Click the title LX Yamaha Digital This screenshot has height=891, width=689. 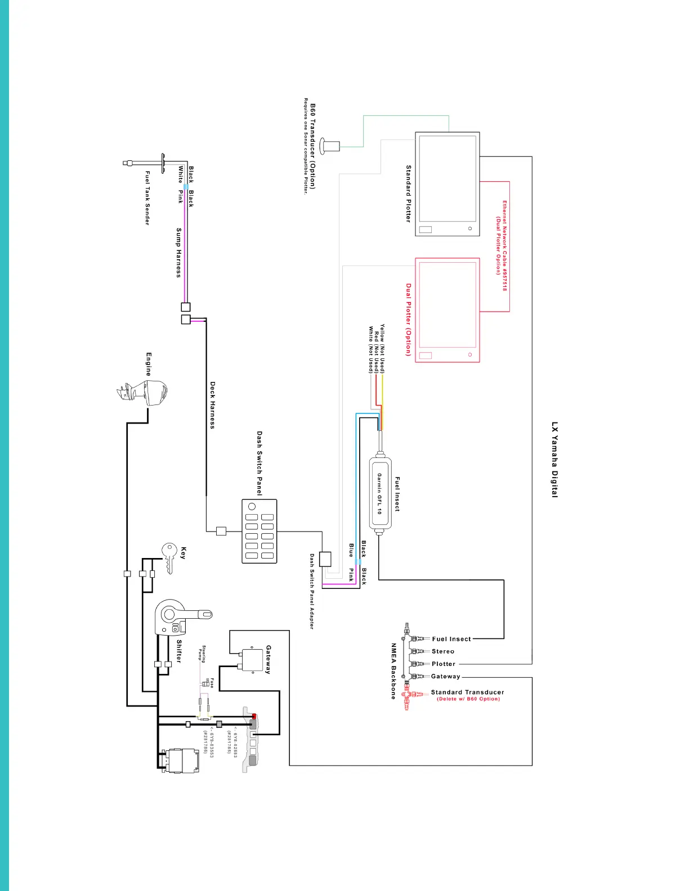click(x=555, y=460)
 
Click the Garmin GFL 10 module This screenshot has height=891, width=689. click(x=380, y=493)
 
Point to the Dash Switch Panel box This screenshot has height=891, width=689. click(x=259, y=530)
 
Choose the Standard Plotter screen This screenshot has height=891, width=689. click(x=448, y=184)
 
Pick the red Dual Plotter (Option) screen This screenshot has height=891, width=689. click(x=448, y=310)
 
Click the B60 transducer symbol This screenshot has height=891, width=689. click(x=330, y=146)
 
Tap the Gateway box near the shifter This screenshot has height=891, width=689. click(x=252, y=660)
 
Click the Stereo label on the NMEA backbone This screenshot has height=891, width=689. click(x=443, y=651)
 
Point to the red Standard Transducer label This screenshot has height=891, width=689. click(x=467, y=692)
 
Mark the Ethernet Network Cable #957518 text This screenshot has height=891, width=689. click(x=504, y=246)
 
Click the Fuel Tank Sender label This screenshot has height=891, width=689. click(x=147, y=198)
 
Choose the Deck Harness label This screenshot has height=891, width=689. click(x=213, y=405)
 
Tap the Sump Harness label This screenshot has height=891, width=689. click(x=179, y=253)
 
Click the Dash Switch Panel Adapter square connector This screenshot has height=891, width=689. click(x=325, y=559)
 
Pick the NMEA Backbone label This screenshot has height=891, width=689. click(x=393, y=671)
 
